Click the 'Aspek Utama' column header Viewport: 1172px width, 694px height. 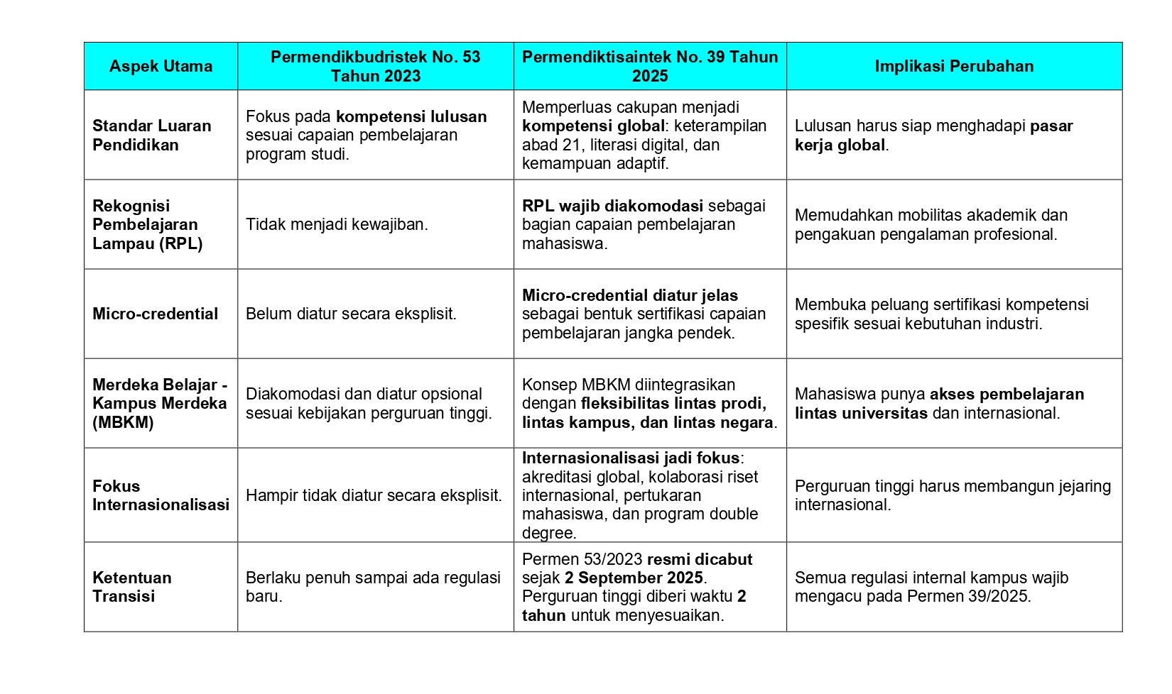pyautogui.click(x=161, y=66)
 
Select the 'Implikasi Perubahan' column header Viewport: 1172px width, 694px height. pyautogui.click(x=953, y=66)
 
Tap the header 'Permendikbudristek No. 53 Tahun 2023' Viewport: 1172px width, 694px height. pyautogui.click(x=375, y=66)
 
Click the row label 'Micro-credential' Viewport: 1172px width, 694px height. pyautogui.click(x=155, y=314)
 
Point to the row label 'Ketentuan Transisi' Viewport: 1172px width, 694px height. pyautogui.click(x=132, y=587)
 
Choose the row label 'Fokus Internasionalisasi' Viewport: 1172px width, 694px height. pyautogui.click(x=161, y=495)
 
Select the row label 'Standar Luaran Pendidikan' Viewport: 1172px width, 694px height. pyautogui.click(x=151, y=135)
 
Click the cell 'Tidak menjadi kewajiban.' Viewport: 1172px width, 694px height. pyautogui.click(x=337, y=224)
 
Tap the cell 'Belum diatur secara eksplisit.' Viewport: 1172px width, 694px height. pyautogui.click(x=351, y=314)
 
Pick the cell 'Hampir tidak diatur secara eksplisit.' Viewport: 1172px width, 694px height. pyautogui.click(x=374, y=495)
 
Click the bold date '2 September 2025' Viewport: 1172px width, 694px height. pyautogui.click(x=634, y=578)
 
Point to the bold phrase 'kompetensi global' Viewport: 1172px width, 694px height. pyautogui.click(x=593, y=126)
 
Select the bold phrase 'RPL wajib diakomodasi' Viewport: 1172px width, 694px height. pyautogui.click(x=612, y=206)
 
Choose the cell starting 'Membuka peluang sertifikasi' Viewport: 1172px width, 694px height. pyautogui.click(x=941, y=314)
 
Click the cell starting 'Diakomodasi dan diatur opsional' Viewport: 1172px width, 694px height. pyautogui.click(x=369, y=403)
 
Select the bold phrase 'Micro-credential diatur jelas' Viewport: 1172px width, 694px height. pyautogui.click(x=629, y=295)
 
